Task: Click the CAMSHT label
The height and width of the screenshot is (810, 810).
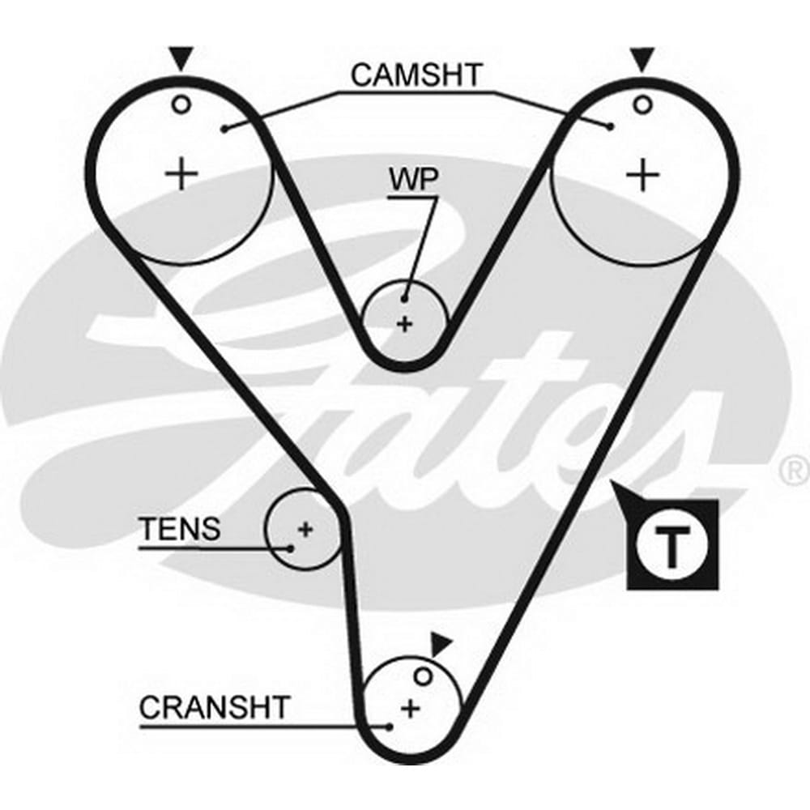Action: pyautogui.click(x=416, y=75)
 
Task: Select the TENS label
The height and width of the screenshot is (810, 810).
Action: pyautogui.click(x=179, y=529)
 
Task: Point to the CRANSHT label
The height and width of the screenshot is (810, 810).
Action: pyautogui.click(x=213, y=706)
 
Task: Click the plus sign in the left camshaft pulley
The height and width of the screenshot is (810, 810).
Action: pyautogui.click(x=181, y=174)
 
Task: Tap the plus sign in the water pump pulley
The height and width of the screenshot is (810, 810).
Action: pyautogui.click(x=404, y=324)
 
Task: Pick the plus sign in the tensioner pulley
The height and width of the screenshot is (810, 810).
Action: pyautogui.click(x=305, y=531)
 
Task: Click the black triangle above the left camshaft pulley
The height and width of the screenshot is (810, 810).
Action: pyautogui.click(x=181, y=58)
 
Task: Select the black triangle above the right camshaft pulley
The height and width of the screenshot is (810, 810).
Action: pyautogui.click(x=642, y=58)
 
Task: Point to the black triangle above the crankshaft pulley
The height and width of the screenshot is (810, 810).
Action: pyautogui.click(x=440, y=645)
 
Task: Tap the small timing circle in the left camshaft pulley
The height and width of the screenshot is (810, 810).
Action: pyautogui.click(x=181, y=104)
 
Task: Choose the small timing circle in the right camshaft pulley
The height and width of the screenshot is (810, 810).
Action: pyautogui.click(x=642, y=104)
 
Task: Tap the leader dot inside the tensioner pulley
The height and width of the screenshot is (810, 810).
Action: pyautogui.click(x=292, y=548)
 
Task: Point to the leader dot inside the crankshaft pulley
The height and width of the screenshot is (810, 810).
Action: pyautogui.click(x=390, y=727)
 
